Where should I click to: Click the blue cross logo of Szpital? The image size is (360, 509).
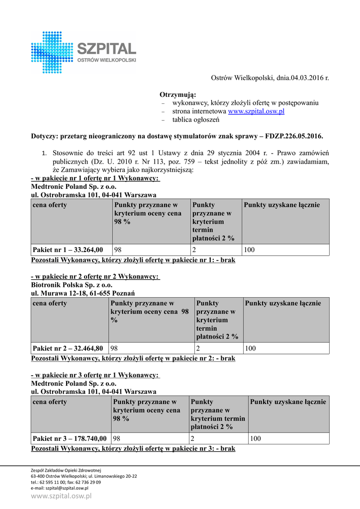point(52,52)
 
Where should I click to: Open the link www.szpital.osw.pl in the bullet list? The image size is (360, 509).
point(256,111)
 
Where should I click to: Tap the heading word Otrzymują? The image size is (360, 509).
point(178,94)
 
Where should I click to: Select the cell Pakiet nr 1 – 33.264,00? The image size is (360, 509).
point(68,250)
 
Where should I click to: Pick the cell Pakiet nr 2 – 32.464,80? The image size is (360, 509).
point(68,348)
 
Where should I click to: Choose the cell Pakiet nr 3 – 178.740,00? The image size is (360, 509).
point(70,438)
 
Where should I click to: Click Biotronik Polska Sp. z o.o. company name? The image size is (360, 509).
point(72,285)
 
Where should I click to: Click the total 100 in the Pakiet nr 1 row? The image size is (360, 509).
point(250,250)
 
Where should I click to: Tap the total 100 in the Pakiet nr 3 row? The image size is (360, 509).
point(256,438)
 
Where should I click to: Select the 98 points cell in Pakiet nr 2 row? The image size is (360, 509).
point(114,348)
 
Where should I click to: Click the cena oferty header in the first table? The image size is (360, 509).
point(50,205)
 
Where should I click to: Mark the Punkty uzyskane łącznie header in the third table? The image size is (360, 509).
point(288,402)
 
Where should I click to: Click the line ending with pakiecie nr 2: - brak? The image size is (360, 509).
point(133,358)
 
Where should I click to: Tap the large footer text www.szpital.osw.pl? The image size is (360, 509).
point(61,496)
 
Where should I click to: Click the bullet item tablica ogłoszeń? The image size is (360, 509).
point(195,120)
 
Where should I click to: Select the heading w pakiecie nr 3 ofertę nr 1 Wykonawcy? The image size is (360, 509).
point(95,375)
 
